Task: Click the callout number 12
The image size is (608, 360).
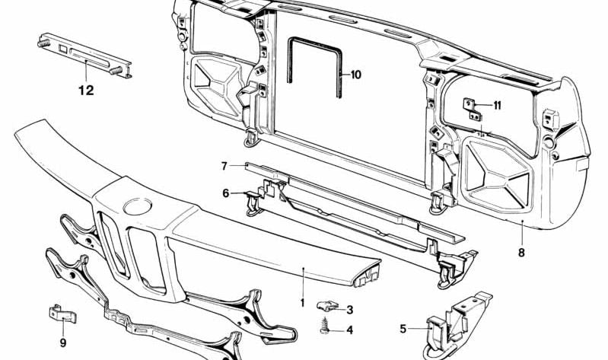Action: click(85, 91)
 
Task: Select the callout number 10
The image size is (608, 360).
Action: click(356, 75)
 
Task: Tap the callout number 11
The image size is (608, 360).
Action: click(497, 105)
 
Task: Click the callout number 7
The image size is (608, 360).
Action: click(224, 165)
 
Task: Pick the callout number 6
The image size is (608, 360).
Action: click(226, 193)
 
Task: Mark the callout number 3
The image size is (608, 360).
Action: click(349, 310)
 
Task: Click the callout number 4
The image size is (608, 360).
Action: click(349, 330)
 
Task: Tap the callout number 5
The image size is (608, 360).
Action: click(403, 330)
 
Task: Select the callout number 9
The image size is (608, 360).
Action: click(62, 342)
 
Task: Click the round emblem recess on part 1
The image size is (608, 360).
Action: click(136, 205)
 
